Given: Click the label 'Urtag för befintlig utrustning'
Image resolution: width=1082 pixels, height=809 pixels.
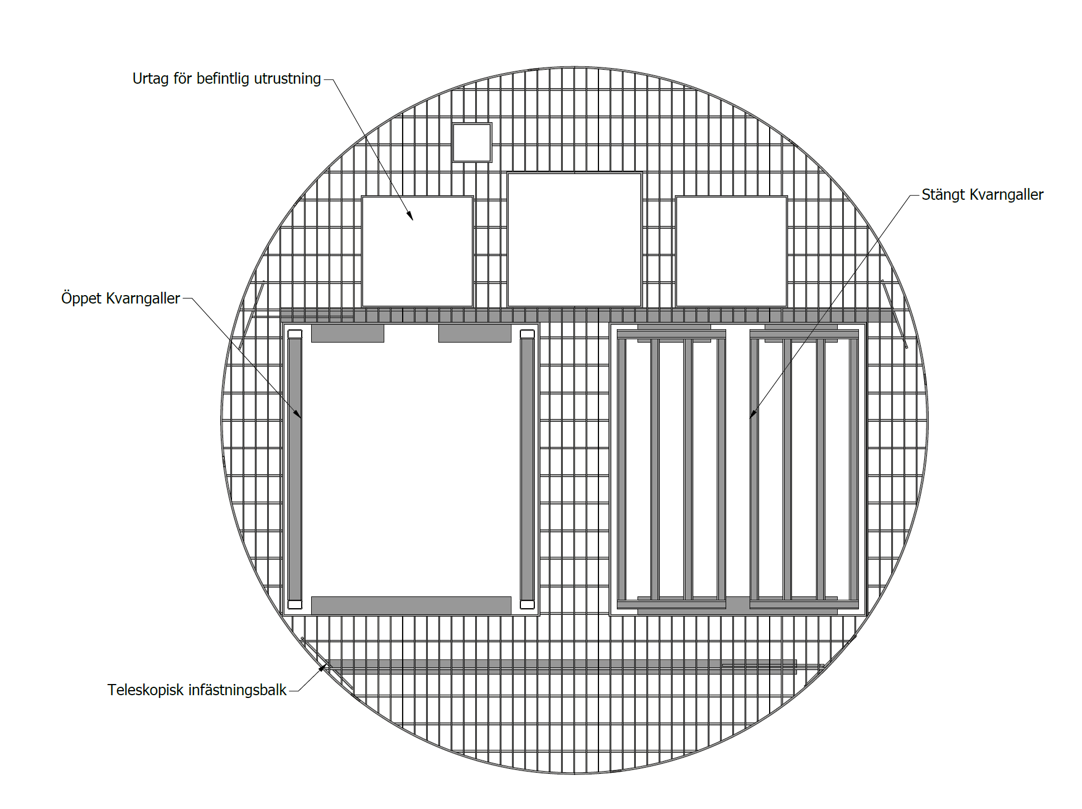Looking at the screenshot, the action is pos(226,79).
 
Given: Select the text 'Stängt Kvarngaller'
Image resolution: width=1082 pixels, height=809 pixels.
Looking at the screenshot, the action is pos(982,195).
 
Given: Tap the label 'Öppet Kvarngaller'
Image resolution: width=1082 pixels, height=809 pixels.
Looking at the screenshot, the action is pos(120,298).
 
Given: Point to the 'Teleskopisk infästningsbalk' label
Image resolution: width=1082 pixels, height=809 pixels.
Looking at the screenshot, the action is pos(197,690).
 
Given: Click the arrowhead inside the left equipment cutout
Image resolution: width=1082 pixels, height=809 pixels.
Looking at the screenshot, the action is pos(410,216).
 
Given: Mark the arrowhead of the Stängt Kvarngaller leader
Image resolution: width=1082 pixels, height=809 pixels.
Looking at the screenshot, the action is pos(753,413).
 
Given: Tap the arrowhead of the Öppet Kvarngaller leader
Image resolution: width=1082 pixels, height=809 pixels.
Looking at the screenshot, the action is pos(297,413).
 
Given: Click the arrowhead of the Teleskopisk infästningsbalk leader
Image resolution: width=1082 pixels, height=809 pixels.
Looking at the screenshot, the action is pos(322,667).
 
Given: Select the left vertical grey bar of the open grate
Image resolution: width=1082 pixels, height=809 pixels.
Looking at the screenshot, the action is pos(295,469).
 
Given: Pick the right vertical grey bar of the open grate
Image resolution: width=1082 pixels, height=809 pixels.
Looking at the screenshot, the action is pos(527,469).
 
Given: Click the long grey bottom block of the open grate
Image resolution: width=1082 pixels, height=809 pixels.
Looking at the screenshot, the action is pos(411,605).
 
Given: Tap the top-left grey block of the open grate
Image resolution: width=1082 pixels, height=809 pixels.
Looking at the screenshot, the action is pos(347,333).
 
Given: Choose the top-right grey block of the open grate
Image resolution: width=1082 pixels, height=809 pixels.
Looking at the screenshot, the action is pos(475,333).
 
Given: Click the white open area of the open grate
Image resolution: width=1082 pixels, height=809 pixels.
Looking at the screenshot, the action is pos(411,469).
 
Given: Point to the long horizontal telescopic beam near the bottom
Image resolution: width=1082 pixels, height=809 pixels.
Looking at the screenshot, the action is pos(561,667).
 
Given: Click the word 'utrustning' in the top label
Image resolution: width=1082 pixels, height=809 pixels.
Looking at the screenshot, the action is pos(287,79).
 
